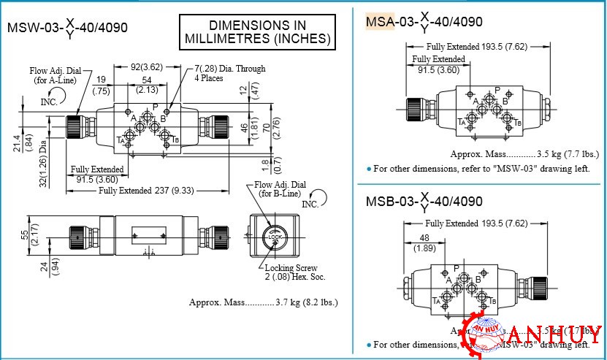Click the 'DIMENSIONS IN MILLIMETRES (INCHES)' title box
tap(258, 31)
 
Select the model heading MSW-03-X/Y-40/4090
tap(67, 28)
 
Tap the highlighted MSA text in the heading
tap(379, 21)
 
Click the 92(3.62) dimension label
tap(147, 66)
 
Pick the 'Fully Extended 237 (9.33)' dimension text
tap(146, 191)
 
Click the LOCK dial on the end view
tap(275, 237)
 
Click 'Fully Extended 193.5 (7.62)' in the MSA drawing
tap(476, 47)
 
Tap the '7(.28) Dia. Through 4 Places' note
tap(229, 73)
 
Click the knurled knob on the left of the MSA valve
tap(415, 110)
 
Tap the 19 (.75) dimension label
tap(101, 85)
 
